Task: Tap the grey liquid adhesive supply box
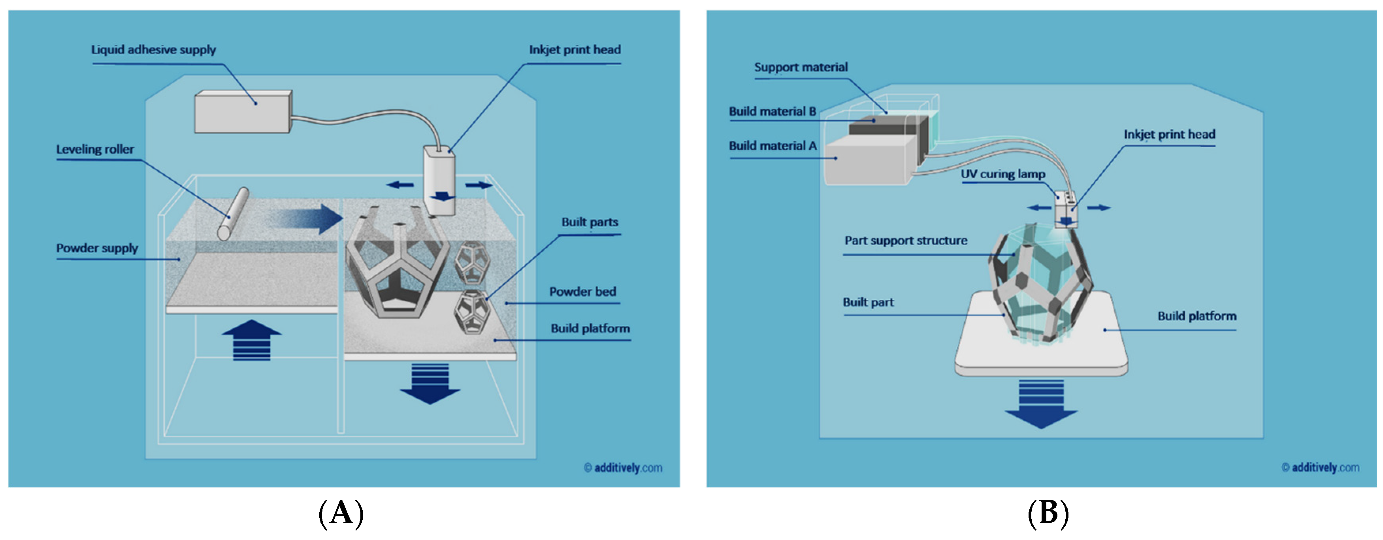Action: coord(241,112)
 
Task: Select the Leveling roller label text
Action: coord(95,150)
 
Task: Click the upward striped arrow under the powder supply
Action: coord(251,340)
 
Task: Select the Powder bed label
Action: coord(582,292)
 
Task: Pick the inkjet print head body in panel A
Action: coord(439,180)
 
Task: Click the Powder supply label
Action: coord(97,248)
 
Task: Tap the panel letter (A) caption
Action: coord(341,514)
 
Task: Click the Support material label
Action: coord(801,68)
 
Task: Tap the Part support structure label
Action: coord(906,241)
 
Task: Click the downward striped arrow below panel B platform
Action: coord(1041,403)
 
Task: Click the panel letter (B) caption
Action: coord(1048,514)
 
